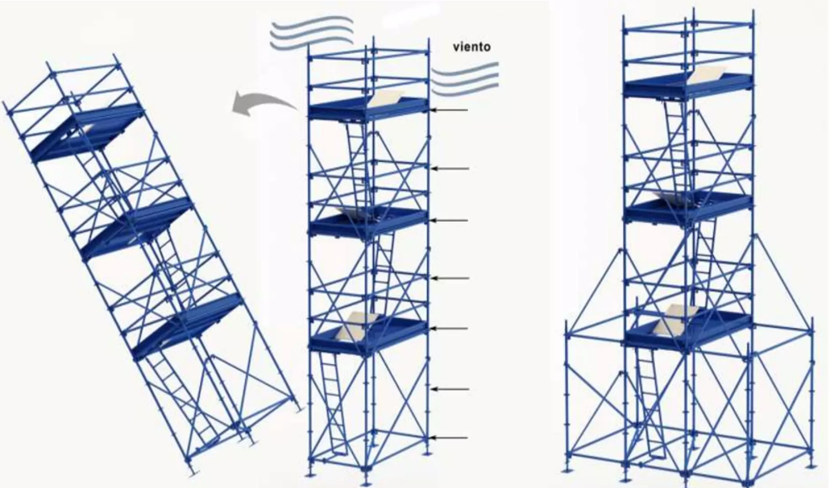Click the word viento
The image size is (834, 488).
[x=472, y=47]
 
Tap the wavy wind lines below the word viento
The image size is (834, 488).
[x=465, y=78]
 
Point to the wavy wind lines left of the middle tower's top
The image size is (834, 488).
[x=311, y=32]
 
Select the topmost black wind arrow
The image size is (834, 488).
[x=450, y=110]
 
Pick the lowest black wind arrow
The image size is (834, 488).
[x=450, y=438]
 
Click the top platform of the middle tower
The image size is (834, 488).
[x=368, y=108]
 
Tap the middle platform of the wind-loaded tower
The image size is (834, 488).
[x=368, y=222]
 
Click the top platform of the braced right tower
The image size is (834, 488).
[x=688, y=85]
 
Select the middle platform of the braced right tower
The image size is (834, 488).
[x=688, y=208]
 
